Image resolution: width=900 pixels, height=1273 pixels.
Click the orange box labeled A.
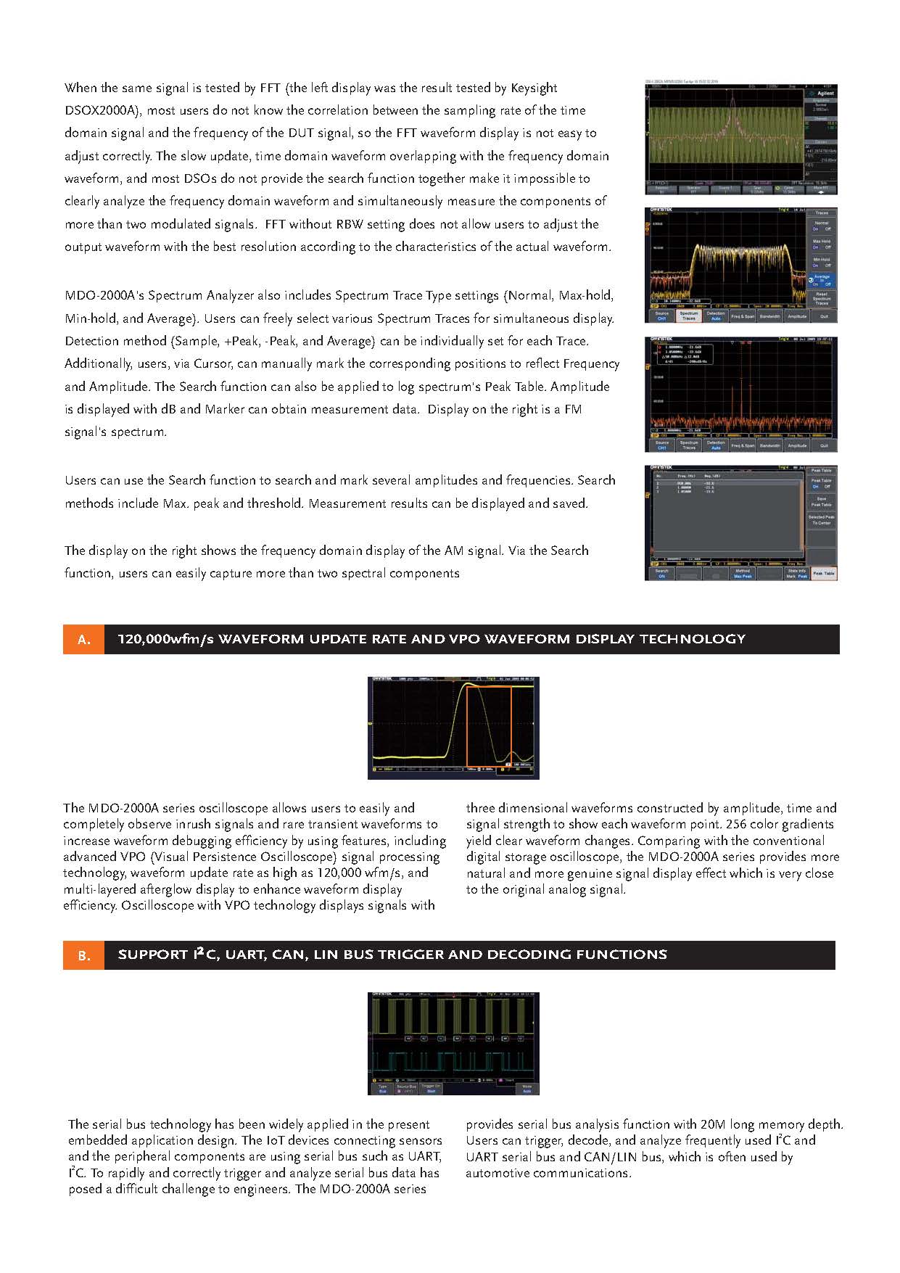pyautogui.click(x=83, y=639)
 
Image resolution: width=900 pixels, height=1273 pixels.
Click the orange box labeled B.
pyautogui.click(x=83, y=955)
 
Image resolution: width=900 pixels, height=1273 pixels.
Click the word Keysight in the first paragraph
pyautogui.click(x=534, y=88)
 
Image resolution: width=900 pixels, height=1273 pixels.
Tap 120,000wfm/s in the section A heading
pyautogui.click(x=165, y=639)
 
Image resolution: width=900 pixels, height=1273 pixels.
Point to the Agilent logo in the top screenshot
pyautogui.click(x=822, y=94)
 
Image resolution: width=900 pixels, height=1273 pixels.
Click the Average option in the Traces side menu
pyautogui.click(x=821, y=279)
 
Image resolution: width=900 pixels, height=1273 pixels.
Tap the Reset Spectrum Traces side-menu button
pyautogui.click(x=821, y=298)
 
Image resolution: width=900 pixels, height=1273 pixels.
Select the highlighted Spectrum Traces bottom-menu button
pyautogui.click(x=689, y=316)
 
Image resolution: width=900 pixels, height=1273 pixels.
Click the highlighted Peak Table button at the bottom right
pyautogui.click(x=823, y=573)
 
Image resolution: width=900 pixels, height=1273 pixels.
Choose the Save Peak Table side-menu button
pyautogui.click(x=821, y=501)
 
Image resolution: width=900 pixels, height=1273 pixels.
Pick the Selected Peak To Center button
pyautogui.click(x=821, y=520)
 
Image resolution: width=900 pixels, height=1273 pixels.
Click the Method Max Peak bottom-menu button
pyautogui.click(x=743, y=573)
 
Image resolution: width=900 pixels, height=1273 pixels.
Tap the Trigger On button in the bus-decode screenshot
pyautogui.click(x=431, y=1088)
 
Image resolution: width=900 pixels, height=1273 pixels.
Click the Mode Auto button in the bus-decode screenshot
pyautogui.click(x=527, y=1088)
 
